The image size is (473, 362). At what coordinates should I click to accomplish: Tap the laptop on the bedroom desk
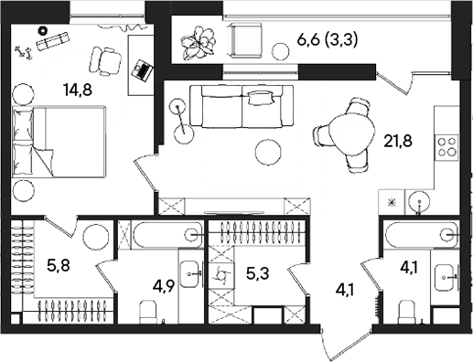[141, 68]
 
